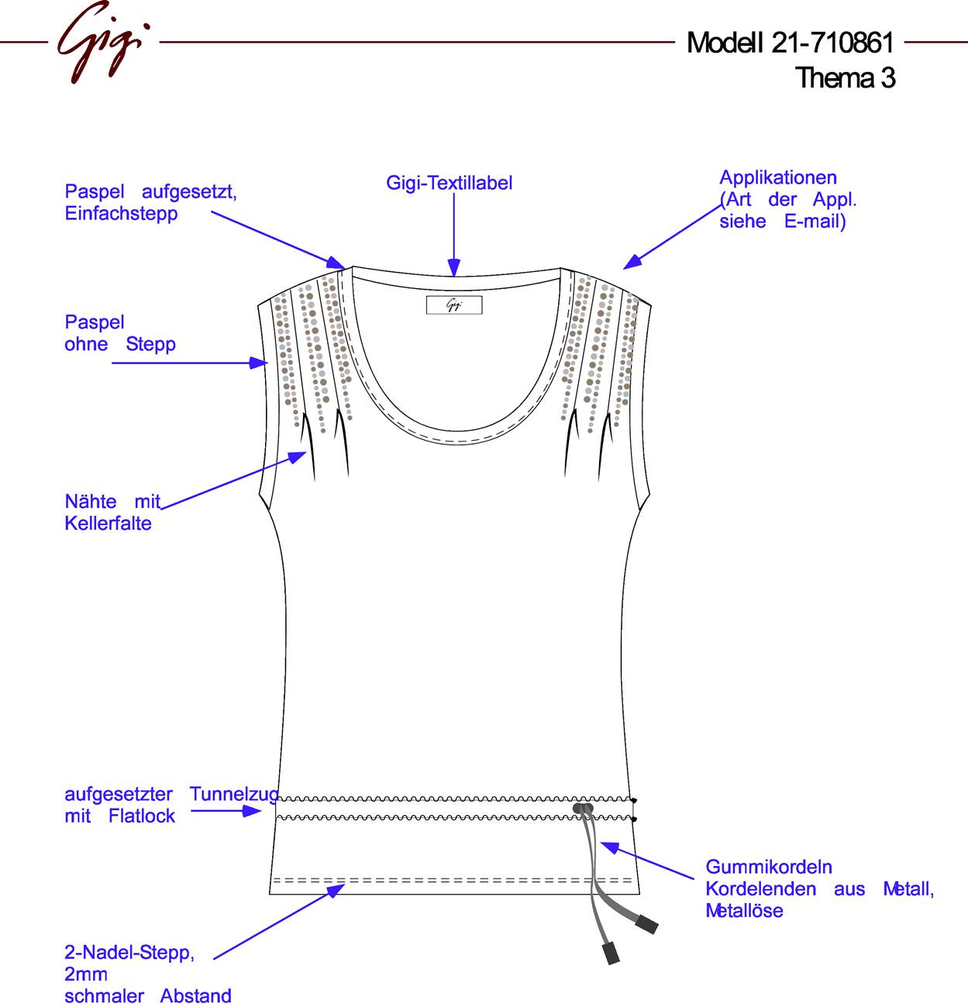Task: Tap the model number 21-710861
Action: point(832,43)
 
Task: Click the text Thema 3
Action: point(845,78)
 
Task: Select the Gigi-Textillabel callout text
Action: point(449,183)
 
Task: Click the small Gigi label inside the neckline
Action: point(454,304)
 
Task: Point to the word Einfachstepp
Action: point(121,214)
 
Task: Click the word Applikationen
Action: point(777,178)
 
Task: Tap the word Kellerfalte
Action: point(108,523)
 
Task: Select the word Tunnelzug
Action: point(234,794)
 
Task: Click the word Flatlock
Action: point(142,816)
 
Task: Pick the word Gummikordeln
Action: point(769,867)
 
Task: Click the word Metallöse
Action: point(744,911)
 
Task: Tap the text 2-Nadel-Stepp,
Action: point(129,952)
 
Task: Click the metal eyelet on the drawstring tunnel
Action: point(583,808)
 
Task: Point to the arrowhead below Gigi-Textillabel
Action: point(454,267)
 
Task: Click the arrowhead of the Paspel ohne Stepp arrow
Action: point(258,363)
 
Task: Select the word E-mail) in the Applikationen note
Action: point(815,222)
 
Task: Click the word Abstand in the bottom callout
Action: point(195,996)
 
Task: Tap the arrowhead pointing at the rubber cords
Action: point(609,847)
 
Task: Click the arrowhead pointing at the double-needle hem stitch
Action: point(336,890)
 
